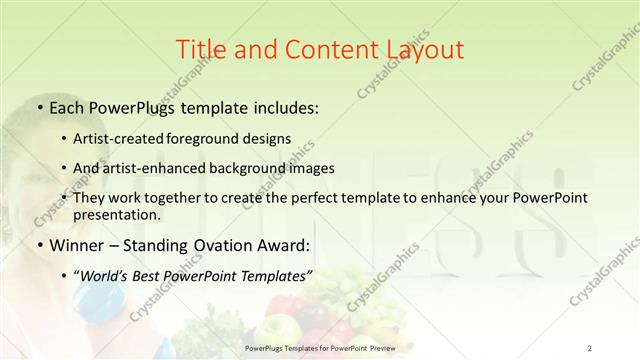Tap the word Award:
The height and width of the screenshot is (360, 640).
pyautogui.click(x=284, y=245)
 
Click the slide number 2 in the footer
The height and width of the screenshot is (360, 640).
pyautogui.click(x=590, y=348)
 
